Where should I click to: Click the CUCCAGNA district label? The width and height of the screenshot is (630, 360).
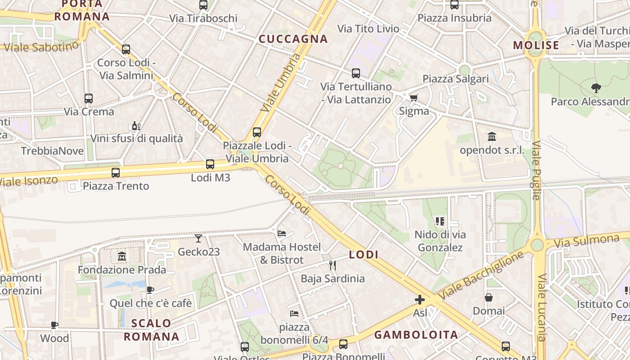(293, 39)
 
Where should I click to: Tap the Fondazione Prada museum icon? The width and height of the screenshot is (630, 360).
(121, 256)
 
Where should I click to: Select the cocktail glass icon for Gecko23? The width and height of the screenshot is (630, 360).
(198, 238)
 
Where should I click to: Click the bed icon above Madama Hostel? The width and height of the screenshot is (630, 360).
(282, 233)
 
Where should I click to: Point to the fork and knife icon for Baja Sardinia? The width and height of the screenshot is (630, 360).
(333, 265)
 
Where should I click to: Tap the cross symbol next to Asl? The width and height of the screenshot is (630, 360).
(420, 300)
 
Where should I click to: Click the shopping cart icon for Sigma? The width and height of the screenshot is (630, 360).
(414, 98)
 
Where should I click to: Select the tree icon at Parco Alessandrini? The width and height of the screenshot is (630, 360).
(597, 88)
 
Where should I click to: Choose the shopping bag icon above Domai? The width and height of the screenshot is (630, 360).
(489, 297)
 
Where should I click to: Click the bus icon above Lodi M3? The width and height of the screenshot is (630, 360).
(210, 164)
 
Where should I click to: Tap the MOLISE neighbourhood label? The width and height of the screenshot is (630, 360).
(536, 45)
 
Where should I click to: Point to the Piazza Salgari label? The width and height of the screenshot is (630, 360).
(455, 79)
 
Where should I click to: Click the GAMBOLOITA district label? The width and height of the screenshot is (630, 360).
(416, 335)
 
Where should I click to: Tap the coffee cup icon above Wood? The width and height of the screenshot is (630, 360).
(54, 325)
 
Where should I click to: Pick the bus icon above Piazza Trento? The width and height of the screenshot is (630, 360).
(116, 172)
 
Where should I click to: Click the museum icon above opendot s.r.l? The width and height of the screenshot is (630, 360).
(492, 136)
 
